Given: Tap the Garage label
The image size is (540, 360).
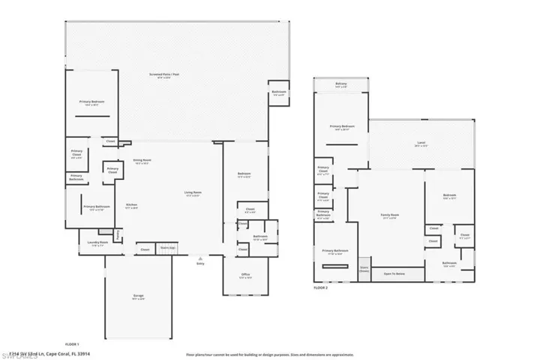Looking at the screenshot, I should point(138,298).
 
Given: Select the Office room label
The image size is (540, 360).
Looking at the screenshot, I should point(245,276).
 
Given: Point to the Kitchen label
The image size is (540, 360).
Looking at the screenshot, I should point(131,205).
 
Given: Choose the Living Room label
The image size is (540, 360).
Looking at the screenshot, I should point(193,193).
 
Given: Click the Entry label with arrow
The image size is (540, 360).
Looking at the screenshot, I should point(200,262).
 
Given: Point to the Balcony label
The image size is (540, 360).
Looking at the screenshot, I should point(341,85).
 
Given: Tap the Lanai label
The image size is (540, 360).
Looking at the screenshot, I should point(421,145).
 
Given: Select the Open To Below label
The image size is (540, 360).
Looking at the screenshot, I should point(394,274).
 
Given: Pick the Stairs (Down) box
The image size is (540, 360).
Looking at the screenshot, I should point(364,268).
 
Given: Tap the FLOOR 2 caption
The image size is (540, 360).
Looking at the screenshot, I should point(321,287).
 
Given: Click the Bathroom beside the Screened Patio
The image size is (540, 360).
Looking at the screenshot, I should point(278,93).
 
